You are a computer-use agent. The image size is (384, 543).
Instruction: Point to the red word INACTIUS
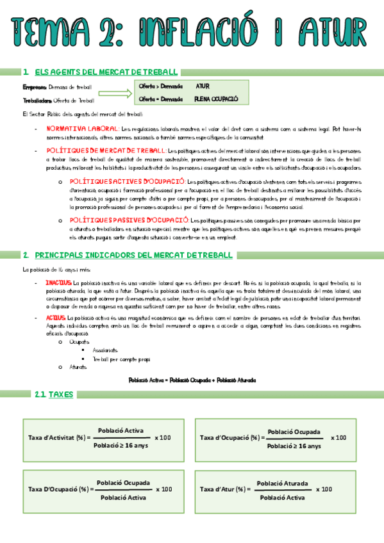58,282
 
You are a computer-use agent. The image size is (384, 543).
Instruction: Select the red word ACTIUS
56,318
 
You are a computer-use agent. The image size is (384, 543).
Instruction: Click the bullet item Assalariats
105,351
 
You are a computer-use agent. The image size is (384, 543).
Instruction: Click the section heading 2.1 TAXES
56,394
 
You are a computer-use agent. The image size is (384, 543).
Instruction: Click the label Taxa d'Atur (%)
224,489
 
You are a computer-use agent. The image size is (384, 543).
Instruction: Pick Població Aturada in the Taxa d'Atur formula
282,483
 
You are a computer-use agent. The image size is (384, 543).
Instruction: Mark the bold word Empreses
33,87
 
